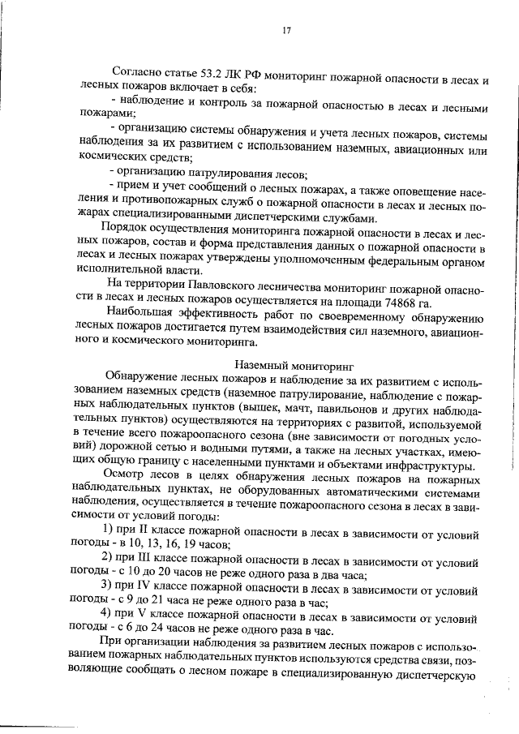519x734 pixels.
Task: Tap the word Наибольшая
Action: pyautogui.click(x=140, y=320)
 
